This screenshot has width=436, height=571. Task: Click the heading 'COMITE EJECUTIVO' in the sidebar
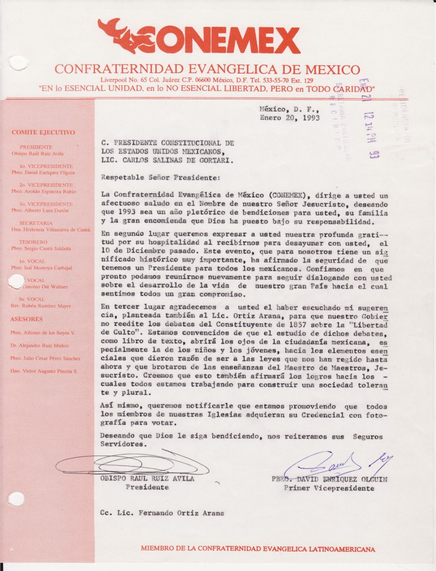[x=43, y=133]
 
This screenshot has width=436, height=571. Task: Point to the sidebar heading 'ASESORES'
[x=27, y=320]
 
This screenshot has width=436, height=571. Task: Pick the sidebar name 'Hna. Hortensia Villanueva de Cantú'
[x=50, y=230]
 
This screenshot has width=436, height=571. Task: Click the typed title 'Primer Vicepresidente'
[x=329, y=488]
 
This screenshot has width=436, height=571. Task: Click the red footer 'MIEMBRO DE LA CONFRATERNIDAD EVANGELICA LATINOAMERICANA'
[x=257, y=549]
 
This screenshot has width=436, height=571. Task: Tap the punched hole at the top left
[x=18, y=62]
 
